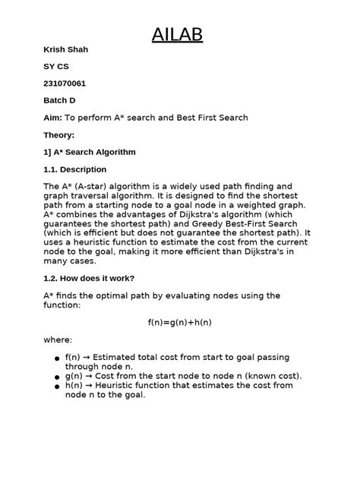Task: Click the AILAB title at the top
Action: coord(178,35)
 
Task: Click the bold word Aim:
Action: coord(53,118)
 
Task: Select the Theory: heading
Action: coord(59,135)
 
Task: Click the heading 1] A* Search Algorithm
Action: coord(90,152)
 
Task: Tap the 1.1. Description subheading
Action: coord(74,169)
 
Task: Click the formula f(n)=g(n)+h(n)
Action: coord(180,322)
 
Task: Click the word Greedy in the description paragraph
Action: coord(199,223)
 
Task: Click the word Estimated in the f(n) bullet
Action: coord(119,357)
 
